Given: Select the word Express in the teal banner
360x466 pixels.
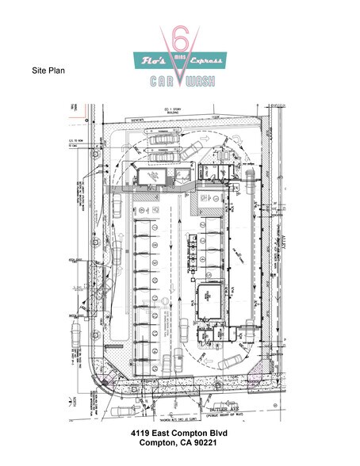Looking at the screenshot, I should point(209,60).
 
